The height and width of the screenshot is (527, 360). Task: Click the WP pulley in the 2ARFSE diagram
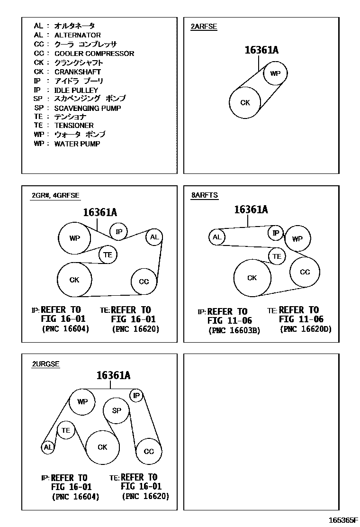pyautogui.click(x=275, y=73)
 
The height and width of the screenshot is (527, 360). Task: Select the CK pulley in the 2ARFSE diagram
pyautogui.click(x=245, y=102)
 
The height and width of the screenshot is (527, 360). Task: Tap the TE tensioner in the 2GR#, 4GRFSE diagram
pyautogui.click(x=108, y=254)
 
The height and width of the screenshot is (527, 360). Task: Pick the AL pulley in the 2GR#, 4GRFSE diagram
pyautogui.click(x=154, y=237)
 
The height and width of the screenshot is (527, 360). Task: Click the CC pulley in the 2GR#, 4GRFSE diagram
pyautogui.click(x=144, y=282)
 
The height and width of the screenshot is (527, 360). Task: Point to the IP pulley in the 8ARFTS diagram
pyautogui.click(x=276, y=233)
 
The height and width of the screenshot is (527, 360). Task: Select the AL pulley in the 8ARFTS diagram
pyautogui.click(x=217, y=237)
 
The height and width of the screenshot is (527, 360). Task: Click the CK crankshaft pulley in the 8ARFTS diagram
pyautogui.click(x=252, y=278)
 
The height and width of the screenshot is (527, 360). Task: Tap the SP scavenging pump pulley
pyautogui.click(x=117, y=410)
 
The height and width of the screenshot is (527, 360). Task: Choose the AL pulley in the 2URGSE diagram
pyautogui.click(x=47, y=447)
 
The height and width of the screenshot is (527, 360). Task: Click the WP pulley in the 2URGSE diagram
pyautogui.click(x=82, y=402)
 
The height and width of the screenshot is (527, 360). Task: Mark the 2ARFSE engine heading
pyautogui.click(x=204, y=27)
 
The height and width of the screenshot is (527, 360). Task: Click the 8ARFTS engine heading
pyautogui.click(x=204, y=195)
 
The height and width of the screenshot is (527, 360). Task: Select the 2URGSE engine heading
pyautogui.click(x=45, y=364)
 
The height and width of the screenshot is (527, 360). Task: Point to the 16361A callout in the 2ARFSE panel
pyautogui.click(x=261, y=51)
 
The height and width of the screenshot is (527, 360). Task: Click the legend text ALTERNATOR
pyautogui.click(x=77, y=35)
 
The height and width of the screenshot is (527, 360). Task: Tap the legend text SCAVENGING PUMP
pyautogui.click(x=87, y=108)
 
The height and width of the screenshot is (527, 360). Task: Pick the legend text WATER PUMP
pyautogui.click(x=77, y=144)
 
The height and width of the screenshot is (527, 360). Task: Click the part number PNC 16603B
pyautogui.click(x=234, y=330)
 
